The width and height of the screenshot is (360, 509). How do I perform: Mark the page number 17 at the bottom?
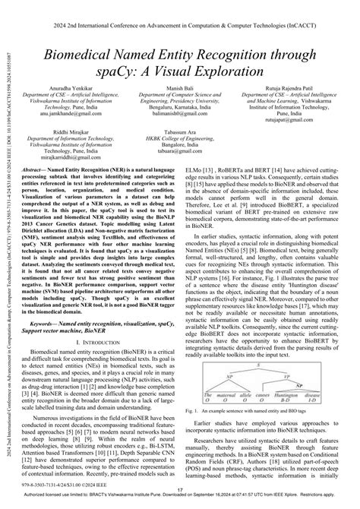pos(180,490)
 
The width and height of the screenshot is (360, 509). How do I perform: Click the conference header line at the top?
pos(180,8)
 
